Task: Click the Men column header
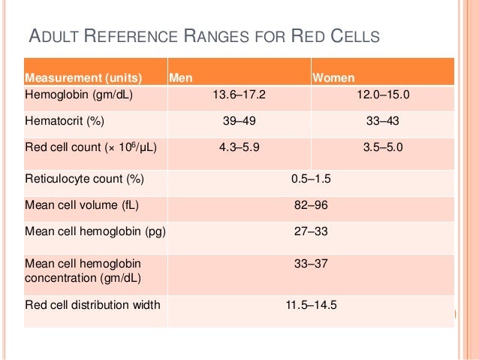(x=179, y=77)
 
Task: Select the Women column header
(x=334, y=77)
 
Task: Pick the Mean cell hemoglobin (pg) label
(x=94, y=230)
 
